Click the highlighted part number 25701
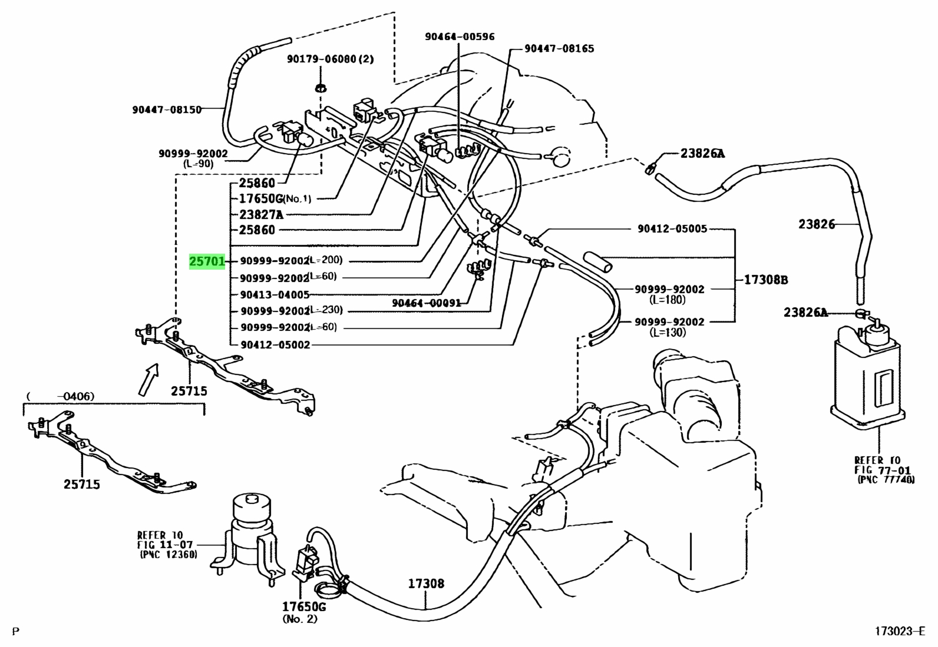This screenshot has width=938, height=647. pyautogui.click(x=207, y=261)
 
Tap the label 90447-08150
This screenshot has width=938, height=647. pyautogui.click(x=167, y=110)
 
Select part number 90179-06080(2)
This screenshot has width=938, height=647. pyautogui.click(x=331, y=59)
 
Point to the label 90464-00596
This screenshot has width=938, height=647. pyautogui.click(x=460, y=37)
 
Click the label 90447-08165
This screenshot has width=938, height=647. pyautogui.click(x=560, y=48)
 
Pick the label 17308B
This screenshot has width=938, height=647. pyautogui.click(x=766, y=280)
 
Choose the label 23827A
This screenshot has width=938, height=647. pyautogui.click(x=261, y=215)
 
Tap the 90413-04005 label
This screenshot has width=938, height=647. pyautogui.click(x=275, y=294)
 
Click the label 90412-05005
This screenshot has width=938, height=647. pyautogui.click(x=672, y=228)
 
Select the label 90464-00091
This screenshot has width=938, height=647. pyautogui.click(x=427, y=303)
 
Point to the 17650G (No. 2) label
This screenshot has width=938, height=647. pyautogui.click(x=303, y=612)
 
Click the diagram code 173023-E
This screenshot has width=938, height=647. pyautogui.click(x=900, y=631)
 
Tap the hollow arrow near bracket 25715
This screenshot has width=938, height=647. pyautogui.click(x=149, y=380)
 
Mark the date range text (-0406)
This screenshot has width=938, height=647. pyautogui.click(x=61, y=396)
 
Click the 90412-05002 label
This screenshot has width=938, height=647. pyautogui.click(x=275, y=345)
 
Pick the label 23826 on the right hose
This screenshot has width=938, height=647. pyautogui.click(x=817, y=224)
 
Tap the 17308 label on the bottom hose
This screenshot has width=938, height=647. pyautogui.click(x=427, y=583)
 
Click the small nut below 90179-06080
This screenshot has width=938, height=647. pyautogui.click(x=321, y=88)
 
